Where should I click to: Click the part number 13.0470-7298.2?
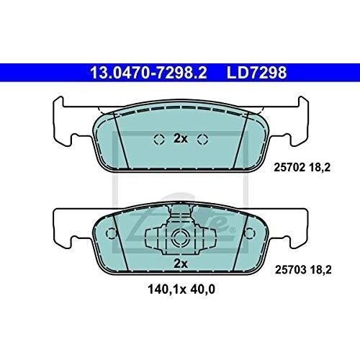148,73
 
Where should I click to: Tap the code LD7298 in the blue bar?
256,73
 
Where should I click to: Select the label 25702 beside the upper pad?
289,167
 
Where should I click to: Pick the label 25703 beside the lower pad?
291,270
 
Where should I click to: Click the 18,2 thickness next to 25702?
320,167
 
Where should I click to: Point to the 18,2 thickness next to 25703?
321,270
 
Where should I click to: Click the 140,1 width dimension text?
164,289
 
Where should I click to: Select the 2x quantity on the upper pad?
181,138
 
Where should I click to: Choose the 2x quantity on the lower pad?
181,264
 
